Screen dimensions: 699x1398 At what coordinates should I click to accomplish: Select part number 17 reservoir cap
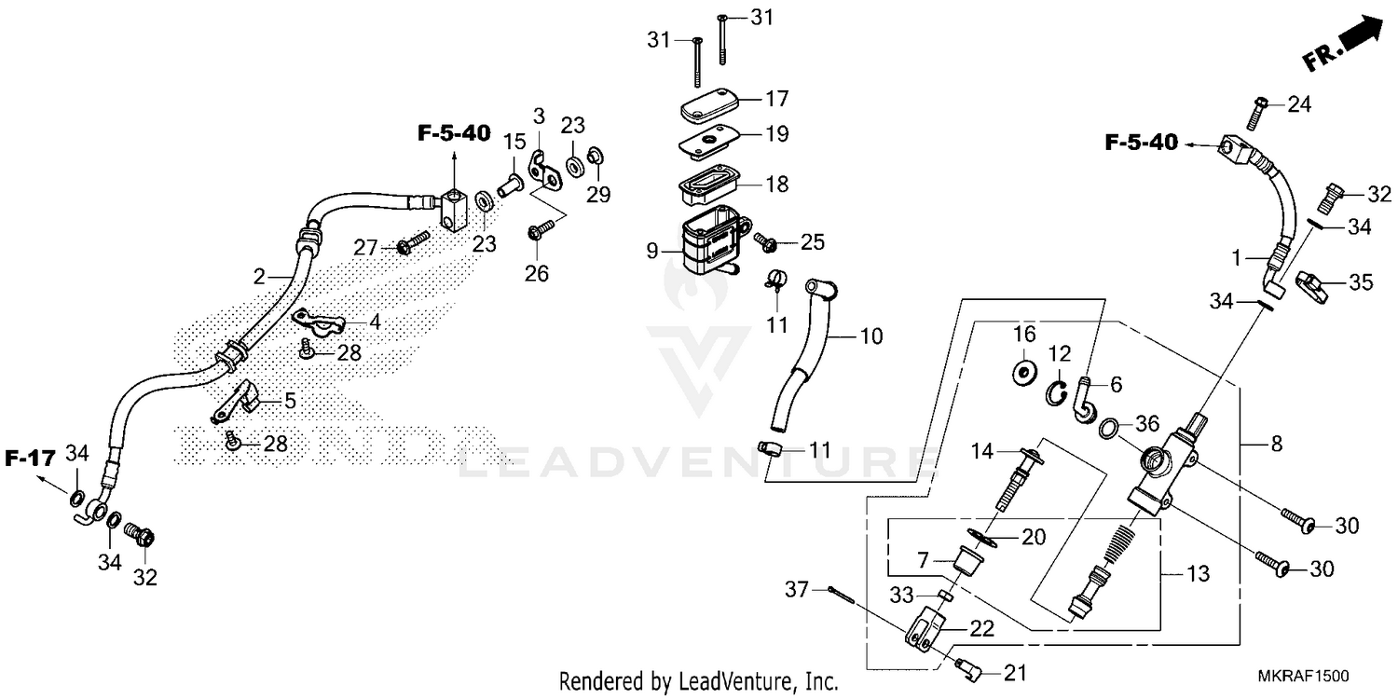point(709,104)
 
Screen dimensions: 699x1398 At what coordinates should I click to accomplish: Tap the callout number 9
point(652,250)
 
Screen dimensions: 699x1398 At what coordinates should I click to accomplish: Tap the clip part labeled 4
point(321,322)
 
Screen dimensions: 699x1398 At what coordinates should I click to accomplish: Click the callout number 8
point(1276,444)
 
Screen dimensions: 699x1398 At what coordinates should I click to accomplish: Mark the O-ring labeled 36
point(1109,428)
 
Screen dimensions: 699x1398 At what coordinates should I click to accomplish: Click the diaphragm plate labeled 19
point(708,141)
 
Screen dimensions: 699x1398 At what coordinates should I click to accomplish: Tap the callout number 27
point(365,248)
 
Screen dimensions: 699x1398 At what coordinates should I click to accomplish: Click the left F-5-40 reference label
point(453,133)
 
